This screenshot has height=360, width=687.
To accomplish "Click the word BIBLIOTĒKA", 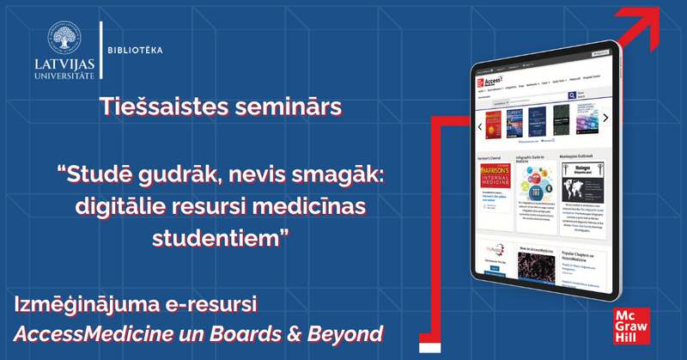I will click(136, 50).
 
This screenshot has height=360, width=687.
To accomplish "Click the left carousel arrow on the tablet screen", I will click(478, 126).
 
